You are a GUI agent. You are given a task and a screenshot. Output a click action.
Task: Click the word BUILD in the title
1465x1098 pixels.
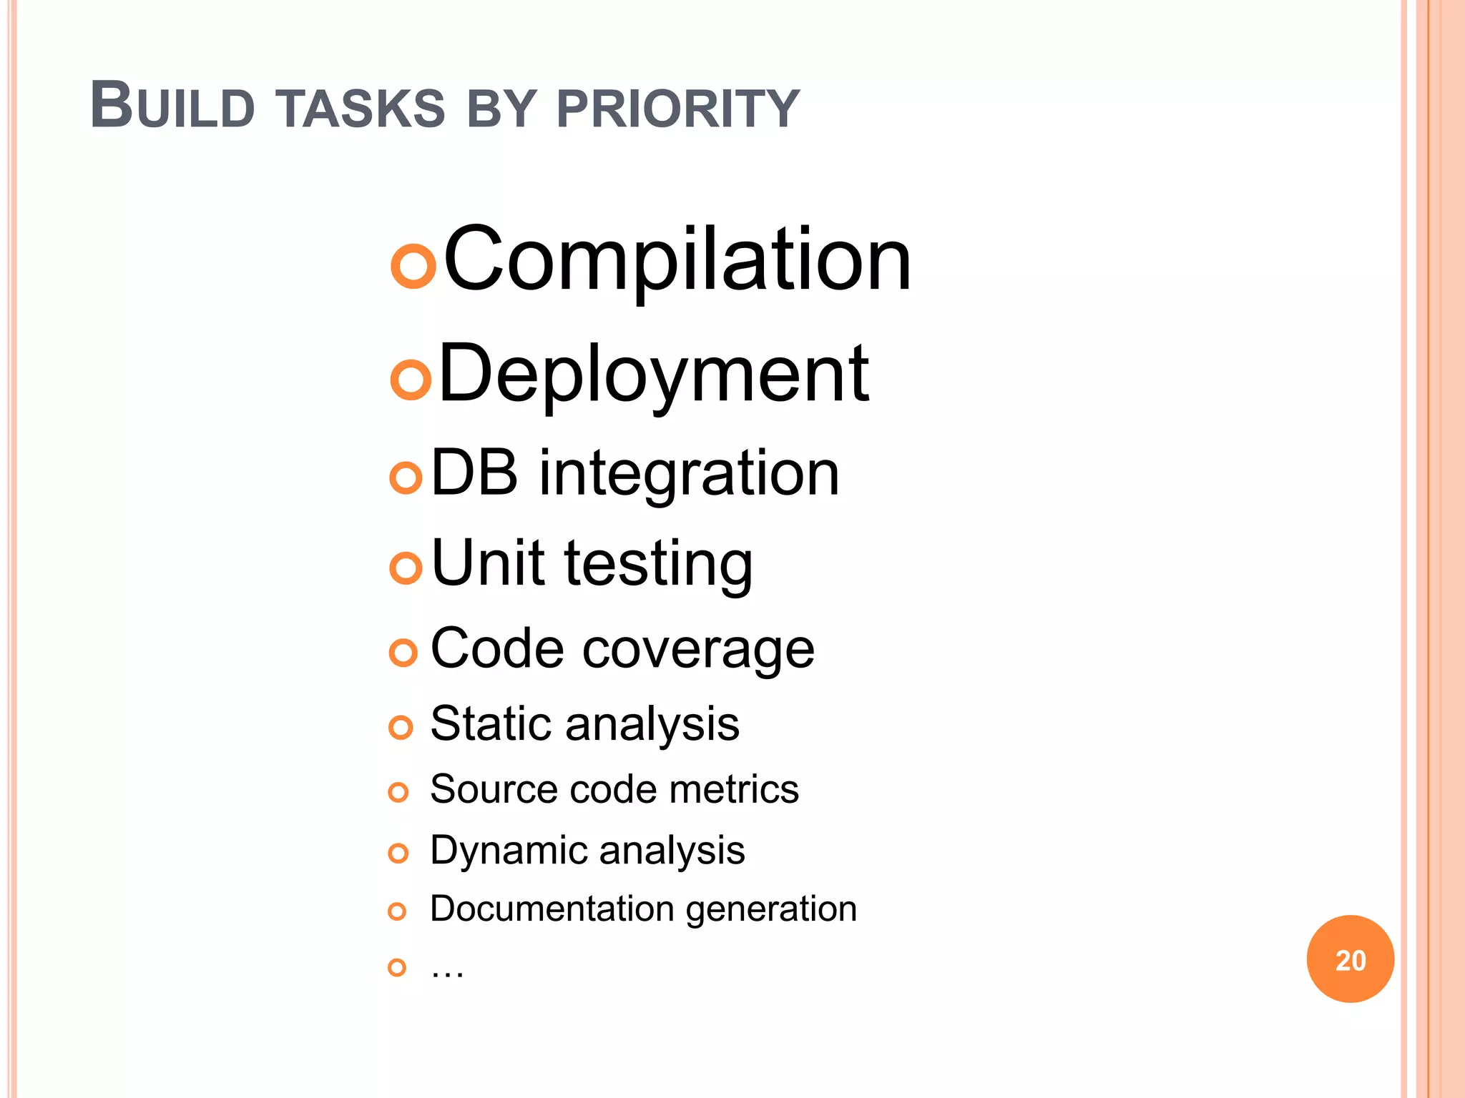pos(172,107)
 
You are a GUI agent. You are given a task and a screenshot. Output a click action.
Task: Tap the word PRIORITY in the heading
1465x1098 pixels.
pos(677,109)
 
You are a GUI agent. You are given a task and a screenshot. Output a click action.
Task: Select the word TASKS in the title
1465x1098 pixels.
pos(361,109)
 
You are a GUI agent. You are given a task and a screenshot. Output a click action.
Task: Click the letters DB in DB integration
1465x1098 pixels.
pos(474,473)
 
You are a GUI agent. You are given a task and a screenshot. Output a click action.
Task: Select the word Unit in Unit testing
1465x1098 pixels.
pos(488,563)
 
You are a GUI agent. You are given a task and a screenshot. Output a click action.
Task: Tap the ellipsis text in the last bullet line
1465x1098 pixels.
pos(447,970)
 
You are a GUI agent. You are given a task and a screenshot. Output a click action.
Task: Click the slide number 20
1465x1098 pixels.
pos(1350,959)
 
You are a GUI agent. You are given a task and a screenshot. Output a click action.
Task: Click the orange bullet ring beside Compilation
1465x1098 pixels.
pos(413,266)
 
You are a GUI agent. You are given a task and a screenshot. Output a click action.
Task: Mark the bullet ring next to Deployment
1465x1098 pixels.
pos(411,380)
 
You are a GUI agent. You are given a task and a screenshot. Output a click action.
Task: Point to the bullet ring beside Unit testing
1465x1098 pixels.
pos(406,568)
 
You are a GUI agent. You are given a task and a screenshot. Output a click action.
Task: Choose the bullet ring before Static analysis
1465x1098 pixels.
pos(401,728)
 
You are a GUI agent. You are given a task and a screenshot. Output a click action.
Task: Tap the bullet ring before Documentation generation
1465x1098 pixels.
pos(397,911)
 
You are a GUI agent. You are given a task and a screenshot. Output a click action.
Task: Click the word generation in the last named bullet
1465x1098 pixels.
pos(770,909)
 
